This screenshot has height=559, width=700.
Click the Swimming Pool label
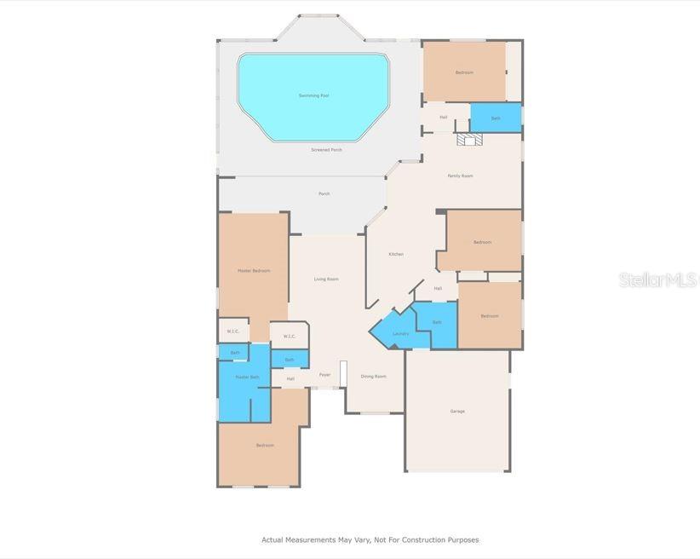(313, 95)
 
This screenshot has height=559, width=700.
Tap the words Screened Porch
(326, 150)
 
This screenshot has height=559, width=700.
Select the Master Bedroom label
(254, 271)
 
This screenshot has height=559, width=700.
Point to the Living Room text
(326, 279)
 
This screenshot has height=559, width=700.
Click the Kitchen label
(396, 254)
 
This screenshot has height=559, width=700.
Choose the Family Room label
(461, 176)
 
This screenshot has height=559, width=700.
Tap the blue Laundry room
(399, 333)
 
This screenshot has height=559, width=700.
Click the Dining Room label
(374, 376)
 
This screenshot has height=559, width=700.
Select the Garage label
(457, 412)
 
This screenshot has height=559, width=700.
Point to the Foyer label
(324, 375)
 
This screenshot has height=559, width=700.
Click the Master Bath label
(248, 377)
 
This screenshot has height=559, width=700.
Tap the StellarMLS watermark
(657, 279)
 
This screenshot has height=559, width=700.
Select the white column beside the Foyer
(343, 374)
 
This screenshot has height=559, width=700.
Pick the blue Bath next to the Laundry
(437, 322)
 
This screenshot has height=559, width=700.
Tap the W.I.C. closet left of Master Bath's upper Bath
(232, 331)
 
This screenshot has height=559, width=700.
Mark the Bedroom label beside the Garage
(489, 316)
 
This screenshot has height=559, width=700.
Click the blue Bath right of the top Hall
(496, 118)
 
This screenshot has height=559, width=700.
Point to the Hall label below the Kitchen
(438, 288)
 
